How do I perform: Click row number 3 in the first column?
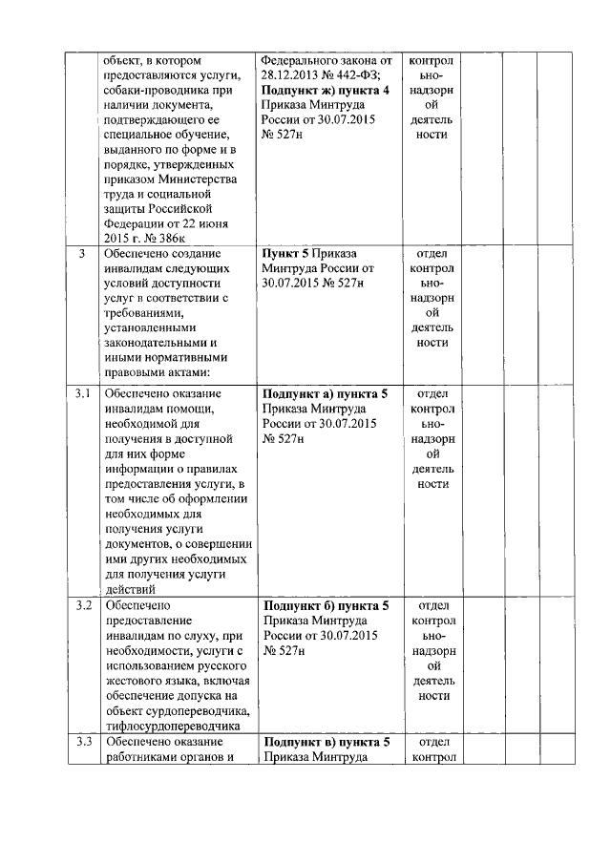83,254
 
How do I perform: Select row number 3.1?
83,393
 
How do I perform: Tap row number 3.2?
83,605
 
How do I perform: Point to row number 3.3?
83,742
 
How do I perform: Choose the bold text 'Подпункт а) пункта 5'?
325,393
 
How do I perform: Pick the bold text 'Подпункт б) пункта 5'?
325,605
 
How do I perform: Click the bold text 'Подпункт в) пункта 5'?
325,742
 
